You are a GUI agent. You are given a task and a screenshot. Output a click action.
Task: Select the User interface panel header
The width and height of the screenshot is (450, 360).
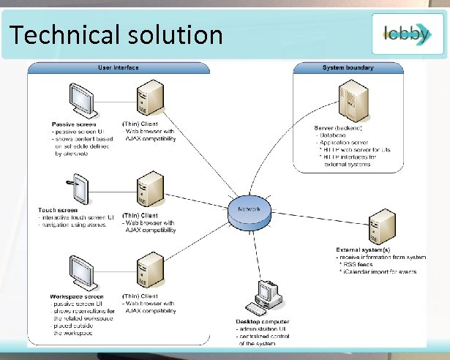[x=119, y=68]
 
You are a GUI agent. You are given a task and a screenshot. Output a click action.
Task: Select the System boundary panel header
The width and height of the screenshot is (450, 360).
[x=348, y=68]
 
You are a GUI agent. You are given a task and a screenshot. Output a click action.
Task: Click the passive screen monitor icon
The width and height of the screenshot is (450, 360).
[x=81, y=99]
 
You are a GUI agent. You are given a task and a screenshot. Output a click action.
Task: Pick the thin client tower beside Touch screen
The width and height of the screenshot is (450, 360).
[x=149, y=187]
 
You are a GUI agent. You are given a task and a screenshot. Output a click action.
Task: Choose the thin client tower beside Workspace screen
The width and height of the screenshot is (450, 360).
[x=149, y=269]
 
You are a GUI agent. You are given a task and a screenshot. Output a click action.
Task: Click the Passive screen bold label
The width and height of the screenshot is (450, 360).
[x=74, y=124]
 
